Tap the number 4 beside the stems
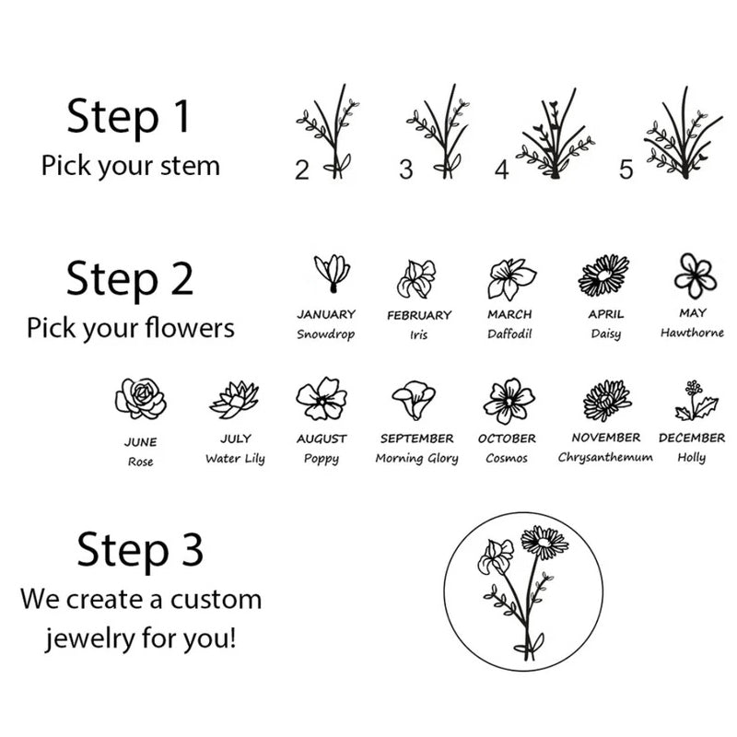coord(501,170)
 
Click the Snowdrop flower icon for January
coord(332,274)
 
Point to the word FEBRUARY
coord(419,315)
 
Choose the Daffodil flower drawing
coord(510,277)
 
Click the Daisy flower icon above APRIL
coord(604,275)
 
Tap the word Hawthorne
coord(692,333)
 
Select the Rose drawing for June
coord(140,398)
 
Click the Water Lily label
coord(235,459)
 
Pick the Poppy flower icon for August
coord(321,398)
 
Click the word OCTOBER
coord(507,439)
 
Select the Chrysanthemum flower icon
coord(606,399)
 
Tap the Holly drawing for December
coord(692,400)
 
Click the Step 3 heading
coord(140,550)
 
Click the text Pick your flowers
coord(130,327)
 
